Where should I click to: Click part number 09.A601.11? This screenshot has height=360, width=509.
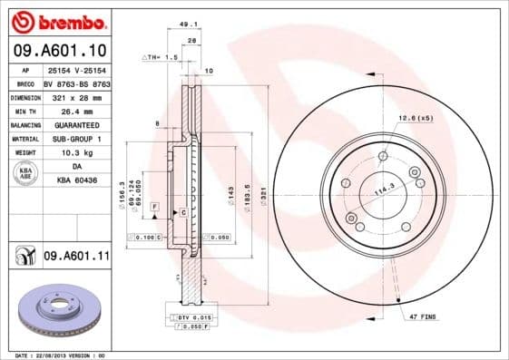[x=76, y=257]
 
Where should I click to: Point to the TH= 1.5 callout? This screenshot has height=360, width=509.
[x=161, y=56]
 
